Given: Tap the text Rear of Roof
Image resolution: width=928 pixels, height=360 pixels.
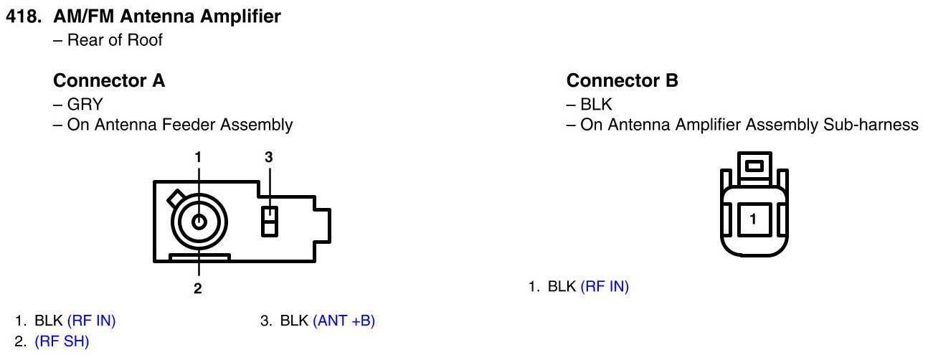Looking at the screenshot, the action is (115, 40).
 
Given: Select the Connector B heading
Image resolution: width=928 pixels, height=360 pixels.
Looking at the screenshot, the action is (622, 81).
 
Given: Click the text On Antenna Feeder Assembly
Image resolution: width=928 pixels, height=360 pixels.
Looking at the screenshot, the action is (179, 125).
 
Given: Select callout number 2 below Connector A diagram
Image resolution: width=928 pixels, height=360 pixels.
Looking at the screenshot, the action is (198, 289).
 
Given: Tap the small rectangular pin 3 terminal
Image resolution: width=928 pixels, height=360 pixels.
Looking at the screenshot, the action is (269, 221).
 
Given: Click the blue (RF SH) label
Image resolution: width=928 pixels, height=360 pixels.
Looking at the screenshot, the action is (62, 342).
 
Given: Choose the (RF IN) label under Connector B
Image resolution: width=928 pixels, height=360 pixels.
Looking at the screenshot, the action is (605, 287).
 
